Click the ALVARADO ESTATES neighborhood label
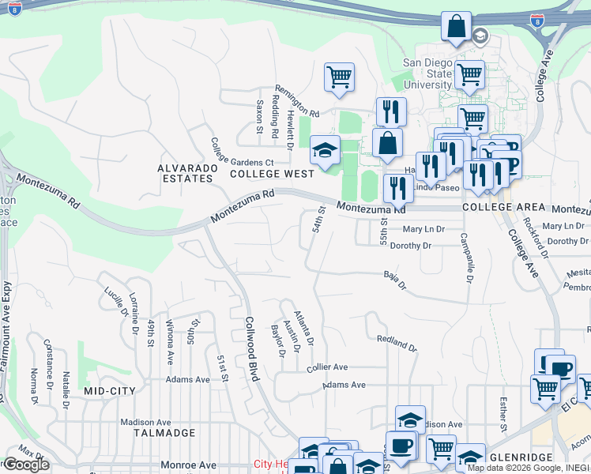(x=185, y=173)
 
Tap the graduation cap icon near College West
(x=324, y=150)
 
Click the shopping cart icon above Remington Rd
(x=339, y=77)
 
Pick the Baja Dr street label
(x=394, y=280)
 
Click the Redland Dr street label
(x=397, y=342)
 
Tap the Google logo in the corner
(x=25, y=465)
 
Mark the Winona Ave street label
(x=169, y=341)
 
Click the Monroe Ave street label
(x=188, y=465)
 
